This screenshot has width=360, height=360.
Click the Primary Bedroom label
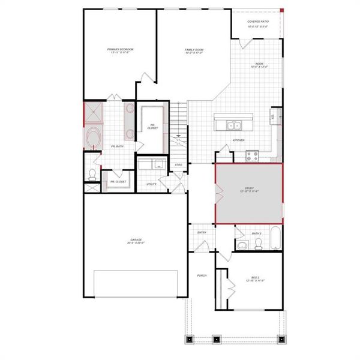pyautogui.click(x=120, y=51)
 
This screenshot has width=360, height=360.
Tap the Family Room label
pyautogui.click(x=194, y=51)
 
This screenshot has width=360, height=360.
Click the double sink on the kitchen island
pyautogui.click(x=234, y=125)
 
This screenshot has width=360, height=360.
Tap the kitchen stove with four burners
pyautogui.click(x=253, y=155)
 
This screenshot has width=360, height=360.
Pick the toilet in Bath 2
pyautogui.click(x=258, y=244)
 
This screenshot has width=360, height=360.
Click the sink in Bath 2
pyautogui.click(x=242, y=245)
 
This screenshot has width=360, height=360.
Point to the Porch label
pyautogui.click(x=202, y=275)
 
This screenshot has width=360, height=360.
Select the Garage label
pyautogui.click(x=135, y=241)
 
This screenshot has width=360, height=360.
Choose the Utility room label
pyautogui.click(x=151, y=184)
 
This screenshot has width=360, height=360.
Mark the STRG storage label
pyautogui.click(x=178, y=164)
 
